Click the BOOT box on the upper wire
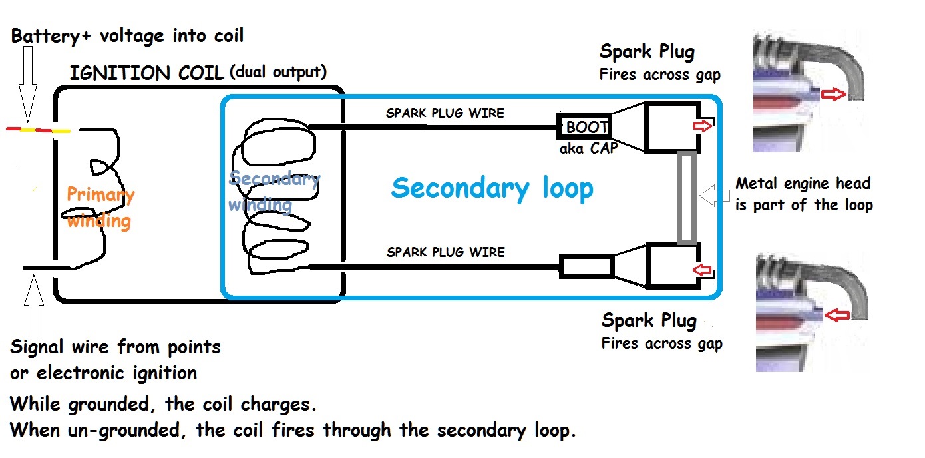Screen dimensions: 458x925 pos(584,126)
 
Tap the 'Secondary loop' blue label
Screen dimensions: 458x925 pos(492,188)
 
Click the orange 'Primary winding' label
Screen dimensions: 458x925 pos(100,207)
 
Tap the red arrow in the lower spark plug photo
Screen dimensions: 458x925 pos(835,314)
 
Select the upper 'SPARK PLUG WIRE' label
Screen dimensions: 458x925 pos(445,113)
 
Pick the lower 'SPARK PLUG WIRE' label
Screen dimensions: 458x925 pos(445,252)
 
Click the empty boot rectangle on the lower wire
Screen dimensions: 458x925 pos(585,266)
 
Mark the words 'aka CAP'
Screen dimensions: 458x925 pos(588,148)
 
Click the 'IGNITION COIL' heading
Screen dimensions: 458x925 pos(146,73)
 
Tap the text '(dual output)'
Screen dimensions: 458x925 pos(277,71)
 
